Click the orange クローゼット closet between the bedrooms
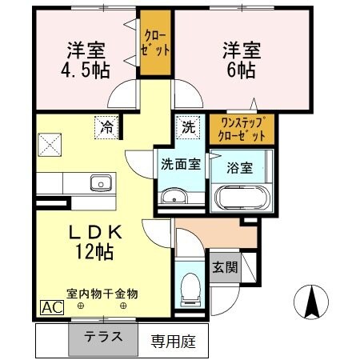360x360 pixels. tap(157, 42)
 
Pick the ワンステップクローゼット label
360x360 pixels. tap(242, 129)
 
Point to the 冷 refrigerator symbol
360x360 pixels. tap(106, 126)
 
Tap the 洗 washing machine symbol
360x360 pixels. tap(187, 126)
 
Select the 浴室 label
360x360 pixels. tap(240, 170)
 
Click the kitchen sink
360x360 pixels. tap(101, 182)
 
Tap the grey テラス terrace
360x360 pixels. tap(105, 337)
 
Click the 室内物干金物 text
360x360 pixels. tap(101, 293)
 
